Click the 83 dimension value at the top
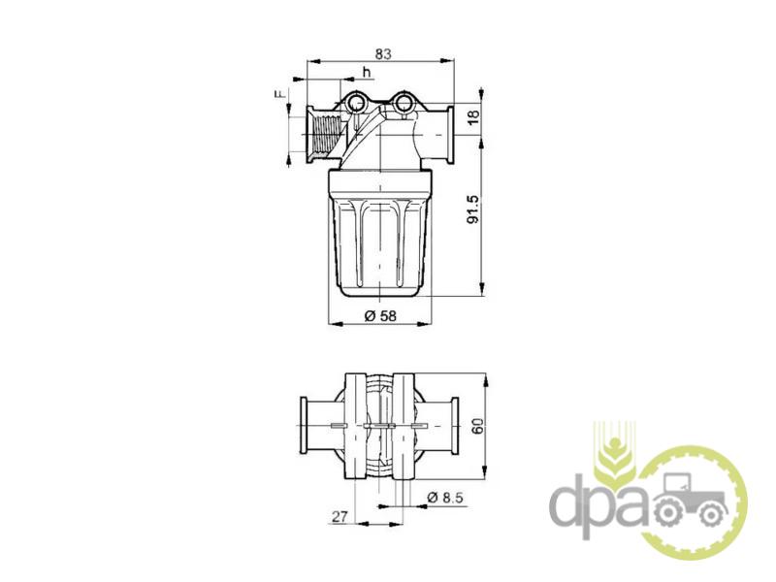382,53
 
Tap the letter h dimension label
367,72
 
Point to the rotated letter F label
281,94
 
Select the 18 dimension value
473,117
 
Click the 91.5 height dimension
473,209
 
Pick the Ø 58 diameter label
380,315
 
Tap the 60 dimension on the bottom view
477,426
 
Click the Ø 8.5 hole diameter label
445,497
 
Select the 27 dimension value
339,517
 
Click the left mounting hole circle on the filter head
356,103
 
